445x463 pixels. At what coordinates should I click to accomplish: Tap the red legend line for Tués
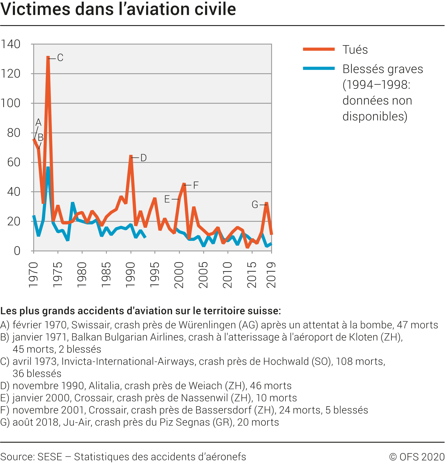(x=319, y=49)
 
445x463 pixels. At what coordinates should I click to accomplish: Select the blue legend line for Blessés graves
(x=319, y=68)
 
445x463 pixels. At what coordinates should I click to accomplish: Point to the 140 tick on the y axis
(x=11, y=44)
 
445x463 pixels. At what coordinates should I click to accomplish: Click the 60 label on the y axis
(x=14, y=162)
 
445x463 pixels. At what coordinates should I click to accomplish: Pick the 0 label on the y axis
(x=17, y=251)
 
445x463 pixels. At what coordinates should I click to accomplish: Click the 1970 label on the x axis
(x=34, y=275)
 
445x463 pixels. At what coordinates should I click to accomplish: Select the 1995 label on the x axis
(x=155, y=275)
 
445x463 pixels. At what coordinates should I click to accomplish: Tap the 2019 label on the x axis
(x=271, y=275)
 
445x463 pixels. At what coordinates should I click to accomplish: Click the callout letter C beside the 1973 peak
(x=60, y=58)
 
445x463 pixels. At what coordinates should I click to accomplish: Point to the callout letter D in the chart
(x=143, y=158)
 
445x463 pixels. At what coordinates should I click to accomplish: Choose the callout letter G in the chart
(x=255, y=205)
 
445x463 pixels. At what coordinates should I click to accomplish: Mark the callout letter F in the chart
(x=196, y=185)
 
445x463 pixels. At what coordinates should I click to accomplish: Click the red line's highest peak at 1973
(x=48, y=57)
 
